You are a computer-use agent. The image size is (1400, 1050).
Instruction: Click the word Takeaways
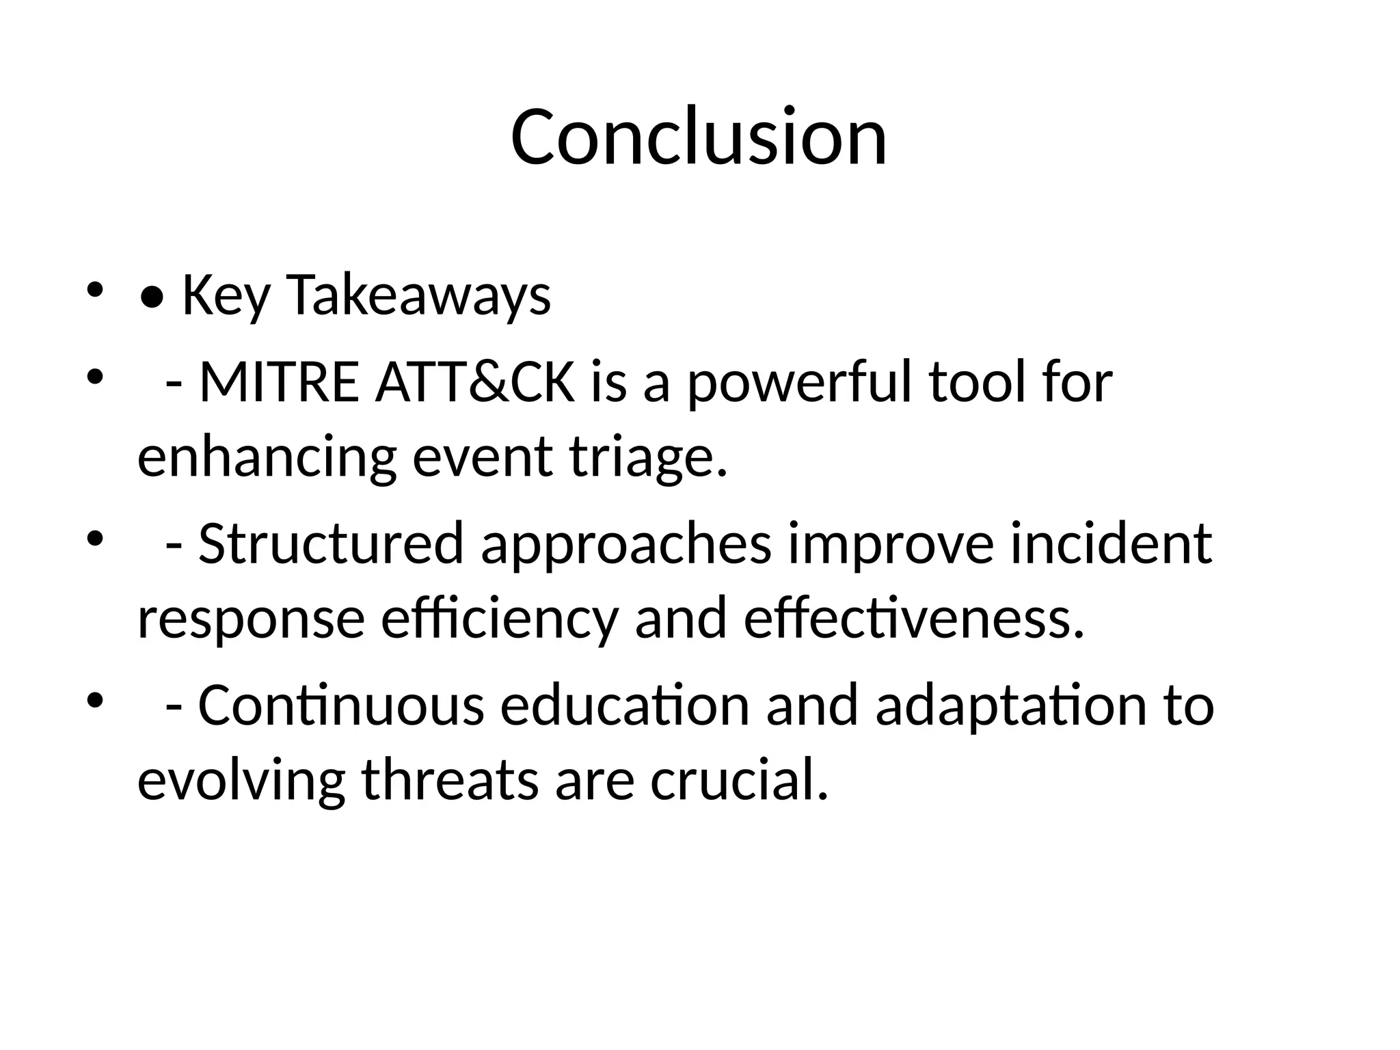point(418,295)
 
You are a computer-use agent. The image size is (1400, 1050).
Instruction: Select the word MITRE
point(278,382)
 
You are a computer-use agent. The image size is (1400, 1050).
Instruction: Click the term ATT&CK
point(475,382)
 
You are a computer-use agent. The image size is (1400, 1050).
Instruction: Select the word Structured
point(332,543)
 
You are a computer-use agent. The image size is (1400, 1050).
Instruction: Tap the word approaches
point(626,543)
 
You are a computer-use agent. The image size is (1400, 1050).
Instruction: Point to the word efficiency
point(499,618)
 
